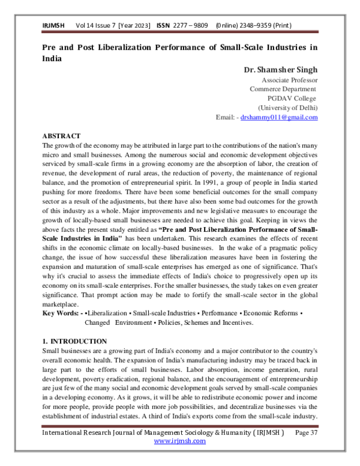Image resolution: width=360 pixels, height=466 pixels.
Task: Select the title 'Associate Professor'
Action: [x=290, y=80]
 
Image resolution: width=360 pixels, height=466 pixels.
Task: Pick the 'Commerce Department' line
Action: [x=283, y=89]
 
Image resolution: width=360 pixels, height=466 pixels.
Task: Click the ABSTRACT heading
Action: [x=61, y=137]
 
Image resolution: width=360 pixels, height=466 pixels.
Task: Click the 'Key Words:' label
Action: [x=61, y=313]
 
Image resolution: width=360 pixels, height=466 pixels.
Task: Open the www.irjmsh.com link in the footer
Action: [x=179, y=441]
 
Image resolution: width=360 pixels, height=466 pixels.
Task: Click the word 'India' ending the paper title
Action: [x=52, y=59]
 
